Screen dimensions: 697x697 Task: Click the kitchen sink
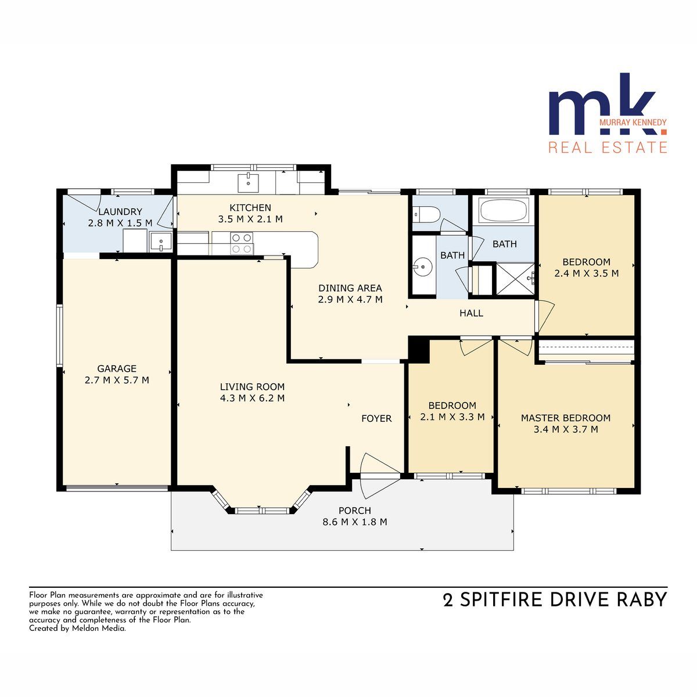click(x=248, y=183)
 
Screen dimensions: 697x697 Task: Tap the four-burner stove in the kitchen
click(x=242, y=243)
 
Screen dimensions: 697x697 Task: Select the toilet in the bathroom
click(x=426, y=215)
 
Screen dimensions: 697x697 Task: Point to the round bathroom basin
click(x=423, y=268)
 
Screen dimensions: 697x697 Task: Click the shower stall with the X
click(x=515, y=279)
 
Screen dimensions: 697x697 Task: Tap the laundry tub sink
click(x=161, y=242)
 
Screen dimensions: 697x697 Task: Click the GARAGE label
click(x=117, y=369)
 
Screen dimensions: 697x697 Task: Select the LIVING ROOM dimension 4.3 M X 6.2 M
click(x=252, y=398)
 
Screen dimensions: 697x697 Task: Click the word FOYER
click(x=376, y=418)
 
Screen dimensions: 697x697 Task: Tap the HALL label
click(x=471, y=313)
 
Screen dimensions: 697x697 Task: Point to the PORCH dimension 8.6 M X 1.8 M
click(x=354, y=522)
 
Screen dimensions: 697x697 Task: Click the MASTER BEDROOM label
click(x=566, y=418)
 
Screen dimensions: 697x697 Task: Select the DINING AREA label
click(x=350, y=288)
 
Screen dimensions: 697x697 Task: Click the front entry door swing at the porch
click(x=380, y=476)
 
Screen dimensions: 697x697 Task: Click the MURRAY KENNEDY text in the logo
click(x=633, y=122)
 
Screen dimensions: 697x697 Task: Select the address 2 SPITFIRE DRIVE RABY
click(x=555, y=599)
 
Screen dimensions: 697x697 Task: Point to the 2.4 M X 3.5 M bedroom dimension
click(x=586, y=273)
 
